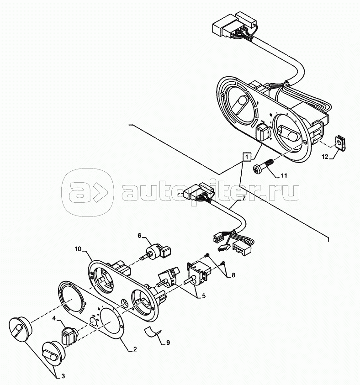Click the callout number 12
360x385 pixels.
tap(325, 157)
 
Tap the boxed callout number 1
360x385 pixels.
tap(246, 157)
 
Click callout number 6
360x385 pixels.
tap(140, 236)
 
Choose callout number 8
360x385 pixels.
tap(233, 275)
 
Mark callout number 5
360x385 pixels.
tap(203, 295)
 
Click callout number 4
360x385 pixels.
tap(53, 318)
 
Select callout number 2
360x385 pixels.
tap(135, 350)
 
